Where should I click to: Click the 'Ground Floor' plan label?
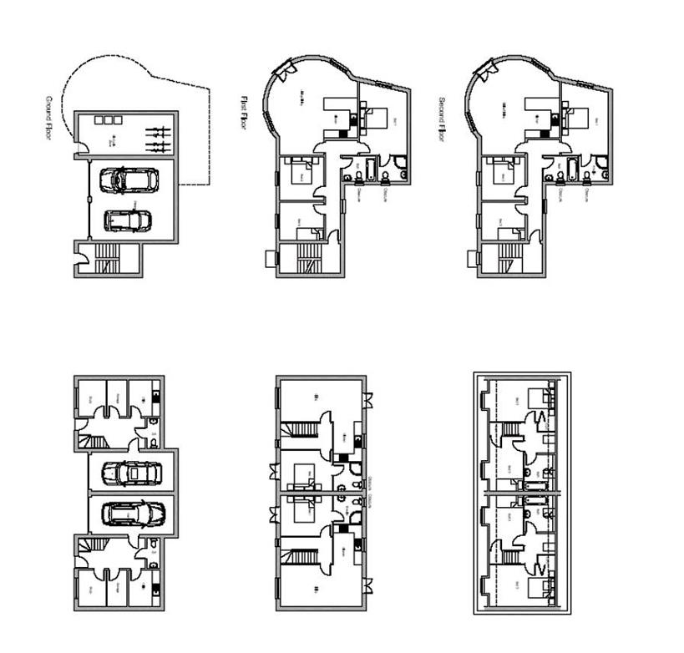(49, 118)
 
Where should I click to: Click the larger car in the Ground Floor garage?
(129, 180)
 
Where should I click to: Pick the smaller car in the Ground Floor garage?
(128, 220)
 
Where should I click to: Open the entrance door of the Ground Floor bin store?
(78, 151)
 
